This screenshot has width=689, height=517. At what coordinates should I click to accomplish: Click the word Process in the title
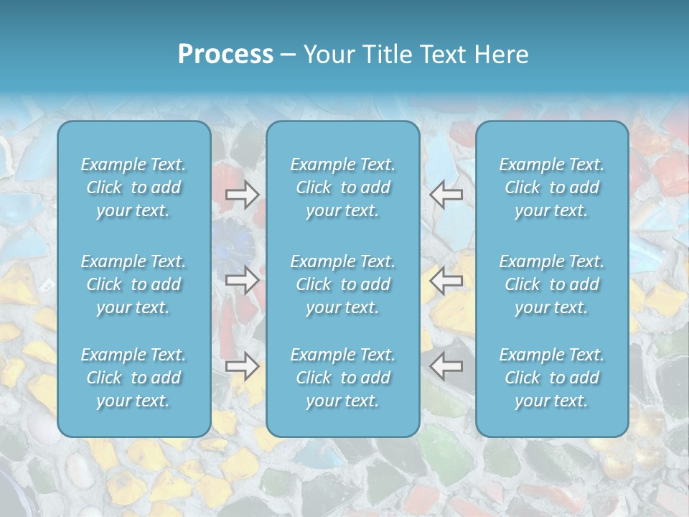225,55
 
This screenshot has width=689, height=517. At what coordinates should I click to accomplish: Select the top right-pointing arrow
242,194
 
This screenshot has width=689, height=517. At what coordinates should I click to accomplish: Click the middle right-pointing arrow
242,280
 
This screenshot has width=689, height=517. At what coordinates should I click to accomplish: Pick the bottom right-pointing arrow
242,366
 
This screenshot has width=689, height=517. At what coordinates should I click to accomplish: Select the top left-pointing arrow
446,194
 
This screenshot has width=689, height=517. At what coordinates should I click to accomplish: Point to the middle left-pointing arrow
446,280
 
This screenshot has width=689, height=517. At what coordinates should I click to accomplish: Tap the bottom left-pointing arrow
446,366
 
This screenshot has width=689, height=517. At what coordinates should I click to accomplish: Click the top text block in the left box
133,187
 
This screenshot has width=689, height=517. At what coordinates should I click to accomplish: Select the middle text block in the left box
133,284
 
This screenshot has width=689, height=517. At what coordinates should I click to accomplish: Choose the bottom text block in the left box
133,378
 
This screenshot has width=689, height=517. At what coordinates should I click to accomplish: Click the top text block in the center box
343,187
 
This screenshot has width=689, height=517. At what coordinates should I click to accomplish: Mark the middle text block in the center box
343,284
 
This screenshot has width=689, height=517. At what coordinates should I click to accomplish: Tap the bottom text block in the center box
343,378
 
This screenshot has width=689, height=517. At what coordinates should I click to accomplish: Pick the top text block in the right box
552,187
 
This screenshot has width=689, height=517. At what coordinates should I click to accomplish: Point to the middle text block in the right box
552,284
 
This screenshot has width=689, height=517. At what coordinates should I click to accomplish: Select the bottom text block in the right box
552,378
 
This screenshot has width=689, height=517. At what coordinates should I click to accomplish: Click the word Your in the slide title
329,55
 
